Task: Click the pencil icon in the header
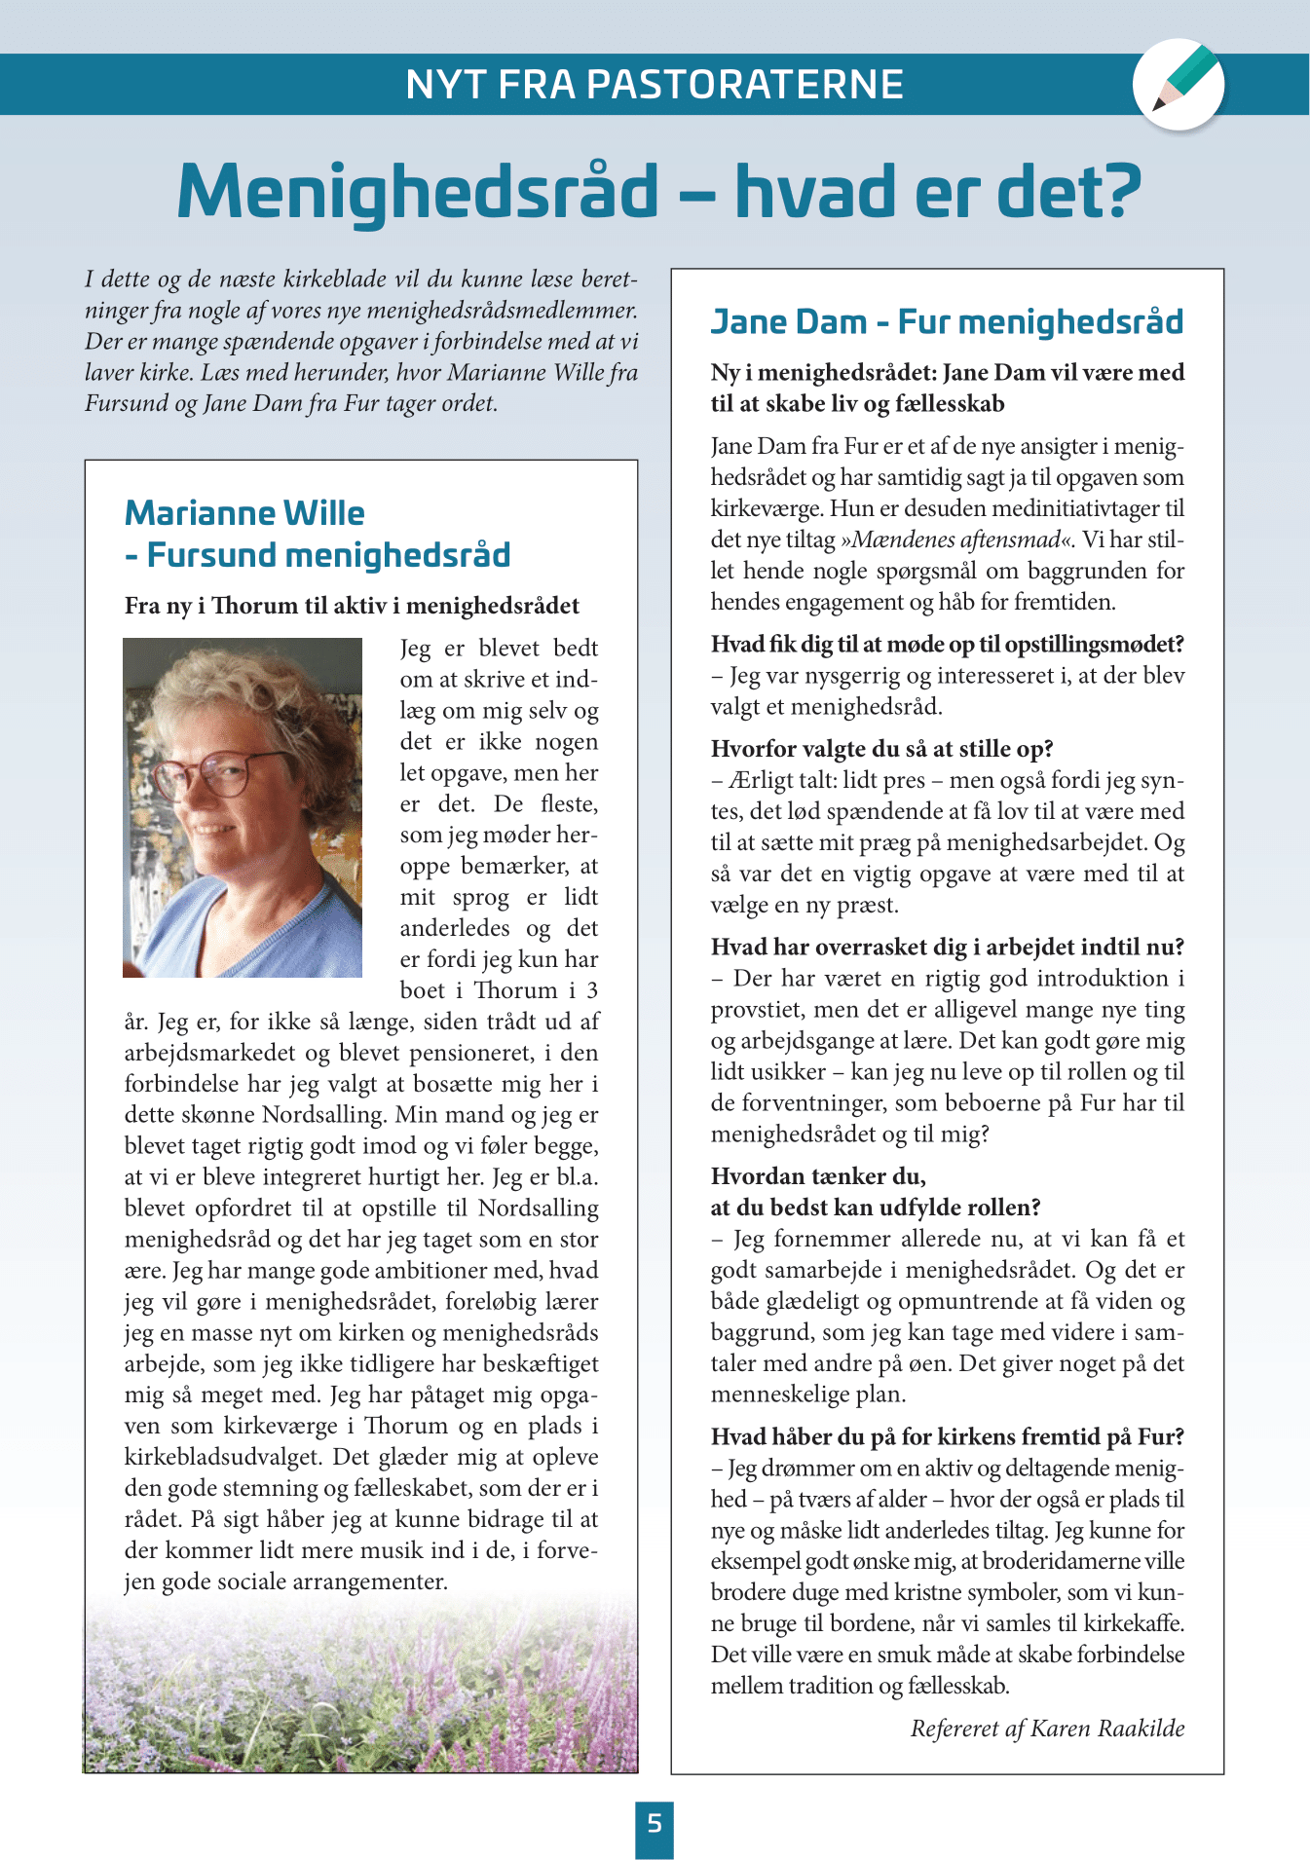click(1179, 84)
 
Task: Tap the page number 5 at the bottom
click(655, 1823)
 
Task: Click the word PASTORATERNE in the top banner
click(745, 85)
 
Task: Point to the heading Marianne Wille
click(244, 513)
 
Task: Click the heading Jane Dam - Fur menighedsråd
click(947, 321)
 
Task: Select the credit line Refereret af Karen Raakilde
click(1047, 1729)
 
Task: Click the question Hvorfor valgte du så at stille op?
click(882, 749)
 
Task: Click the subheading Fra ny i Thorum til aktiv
click(352, 606)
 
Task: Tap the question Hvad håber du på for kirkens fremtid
click(947, 1436)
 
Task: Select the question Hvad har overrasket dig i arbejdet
click(947, 948)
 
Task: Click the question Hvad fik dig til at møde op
click(947, 645)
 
